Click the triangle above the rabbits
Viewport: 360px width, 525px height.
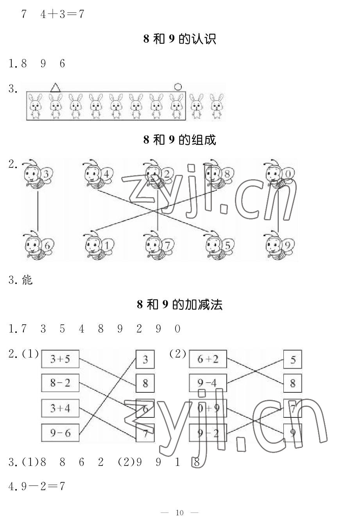point(56,88)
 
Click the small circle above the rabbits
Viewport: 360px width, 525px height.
point(178,87)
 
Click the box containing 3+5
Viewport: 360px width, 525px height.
point(60,359)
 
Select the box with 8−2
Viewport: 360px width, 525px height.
point(60,383)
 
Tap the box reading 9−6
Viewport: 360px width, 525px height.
point(60,433)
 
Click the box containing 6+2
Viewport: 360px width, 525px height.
point(208,359)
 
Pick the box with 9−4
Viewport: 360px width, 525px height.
point(208,383)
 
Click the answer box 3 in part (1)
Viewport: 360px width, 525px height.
point(145,359)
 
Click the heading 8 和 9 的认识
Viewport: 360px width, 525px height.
point(180,39)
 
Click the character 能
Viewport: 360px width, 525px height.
point(27,280)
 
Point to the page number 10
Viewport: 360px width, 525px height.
point(180,512)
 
